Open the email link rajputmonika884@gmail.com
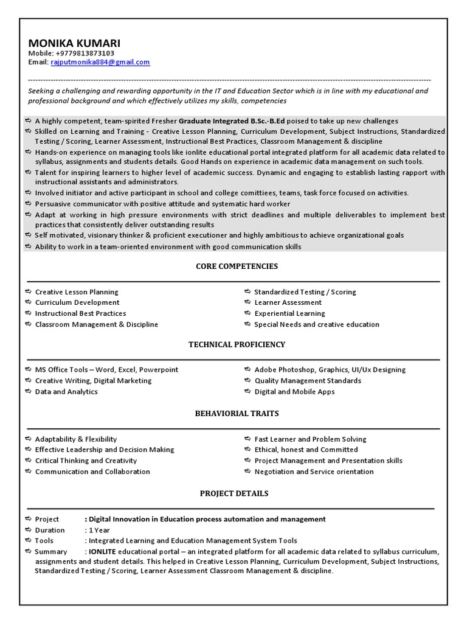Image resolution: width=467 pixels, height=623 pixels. (x=100, y=62)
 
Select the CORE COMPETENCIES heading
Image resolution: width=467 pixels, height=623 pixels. (x=237, y=266)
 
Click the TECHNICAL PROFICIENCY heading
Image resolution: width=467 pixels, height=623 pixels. (x=237, y=344)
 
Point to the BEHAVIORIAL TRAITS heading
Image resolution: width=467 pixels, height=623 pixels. (x=237, y=413)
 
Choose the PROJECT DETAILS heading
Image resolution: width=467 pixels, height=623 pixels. (x=234, y=493)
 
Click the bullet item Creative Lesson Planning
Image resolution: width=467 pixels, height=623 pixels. (x=77, y=292)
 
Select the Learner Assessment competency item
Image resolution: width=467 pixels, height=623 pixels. (x=288, y=302)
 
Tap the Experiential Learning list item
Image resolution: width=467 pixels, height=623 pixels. (x=289, y=313)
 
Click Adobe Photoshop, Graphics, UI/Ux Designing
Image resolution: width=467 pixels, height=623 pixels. (x=330, y=369)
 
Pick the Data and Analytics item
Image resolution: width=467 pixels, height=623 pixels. (x=66, y=392)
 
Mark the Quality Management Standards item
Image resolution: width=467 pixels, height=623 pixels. (x=308, y=381)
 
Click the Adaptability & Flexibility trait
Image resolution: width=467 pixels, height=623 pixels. (x=76, y=439)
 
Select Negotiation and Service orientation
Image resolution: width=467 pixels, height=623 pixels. (x=314, y=472)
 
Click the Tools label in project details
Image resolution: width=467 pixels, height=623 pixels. (x=44, y=541)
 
